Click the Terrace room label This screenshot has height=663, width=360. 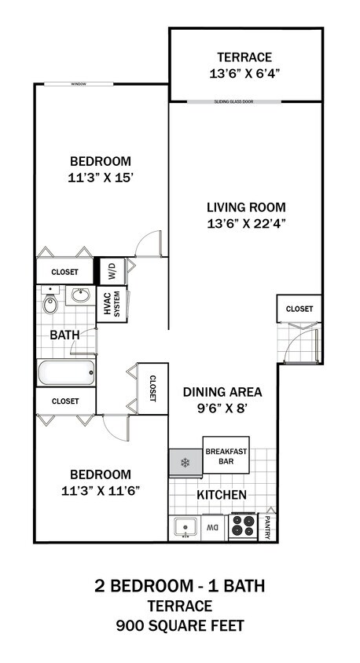point(244,57)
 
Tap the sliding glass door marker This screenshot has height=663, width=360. point(244,101)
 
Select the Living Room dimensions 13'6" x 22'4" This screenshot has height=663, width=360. point(245,222)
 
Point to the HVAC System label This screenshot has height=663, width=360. point(111,306)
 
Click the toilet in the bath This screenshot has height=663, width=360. point(50,304)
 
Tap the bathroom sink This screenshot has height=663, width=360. point(79,297)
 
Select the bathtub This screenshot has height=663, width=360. point(66,372)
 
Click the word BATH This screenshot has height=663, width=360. point(64,335)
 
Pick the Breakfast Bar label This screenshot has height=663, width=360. point(226,456)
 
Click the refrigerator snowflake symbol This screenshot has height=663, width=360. point(186,462)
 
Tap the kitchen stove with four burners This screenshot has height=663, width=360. point(243,526)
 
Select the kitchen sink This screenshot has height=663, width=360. point(185,527)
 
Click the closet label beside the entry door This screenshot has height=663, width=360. point(299,309)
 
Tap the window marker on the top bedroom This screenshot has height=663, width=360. point(78,83)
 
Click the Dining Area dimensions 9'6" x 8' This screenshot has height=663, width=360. point(222,408)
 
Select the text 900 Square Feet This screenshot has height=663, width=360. point(180,626)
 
